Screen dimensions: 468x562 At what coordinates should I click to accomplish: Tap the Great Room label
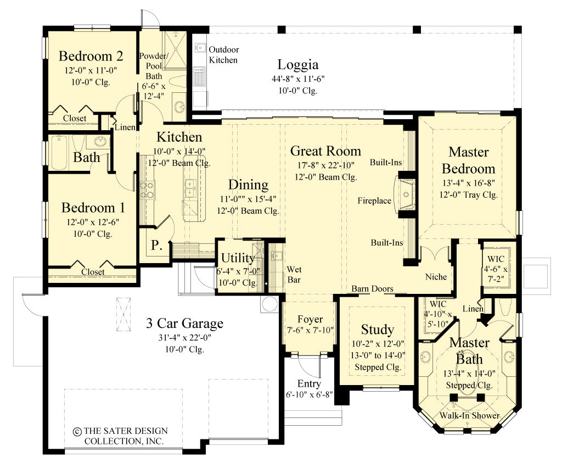[325, 151]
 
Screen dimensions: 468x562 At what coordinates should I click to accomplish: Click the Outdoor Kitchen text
[223, 54]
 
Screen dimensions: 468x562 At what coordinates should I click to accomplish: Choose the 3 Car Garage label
[184, 323]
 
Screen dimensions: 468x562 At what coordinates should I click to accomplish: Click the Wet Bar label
[294, 274]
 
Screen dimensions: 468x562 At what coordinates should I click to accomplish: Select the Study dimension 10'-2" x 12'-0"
[377, 344]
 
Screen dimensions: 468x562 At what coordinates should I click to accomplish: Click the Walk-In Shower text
[469, 415]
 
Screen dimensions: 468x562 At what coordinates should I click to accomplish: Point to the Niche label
[436, 277]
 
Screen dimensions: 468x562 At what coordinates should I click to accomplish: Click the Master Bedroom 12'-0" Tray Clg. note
[468, 194]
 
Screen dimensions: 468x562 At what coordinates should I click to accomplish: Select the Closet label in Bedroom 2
[74, 118]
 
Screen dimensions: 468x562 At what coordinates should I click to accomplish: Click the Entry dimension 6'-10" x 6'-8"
[308, 394]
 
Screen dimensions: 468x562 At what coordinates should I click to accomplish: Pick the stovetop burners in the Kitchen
[147, 190]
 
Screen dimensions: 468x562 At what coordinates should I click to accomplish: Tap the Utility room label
[238, 258]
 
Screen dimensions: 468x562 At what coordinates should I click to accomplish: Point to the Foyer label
[310, 319]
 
